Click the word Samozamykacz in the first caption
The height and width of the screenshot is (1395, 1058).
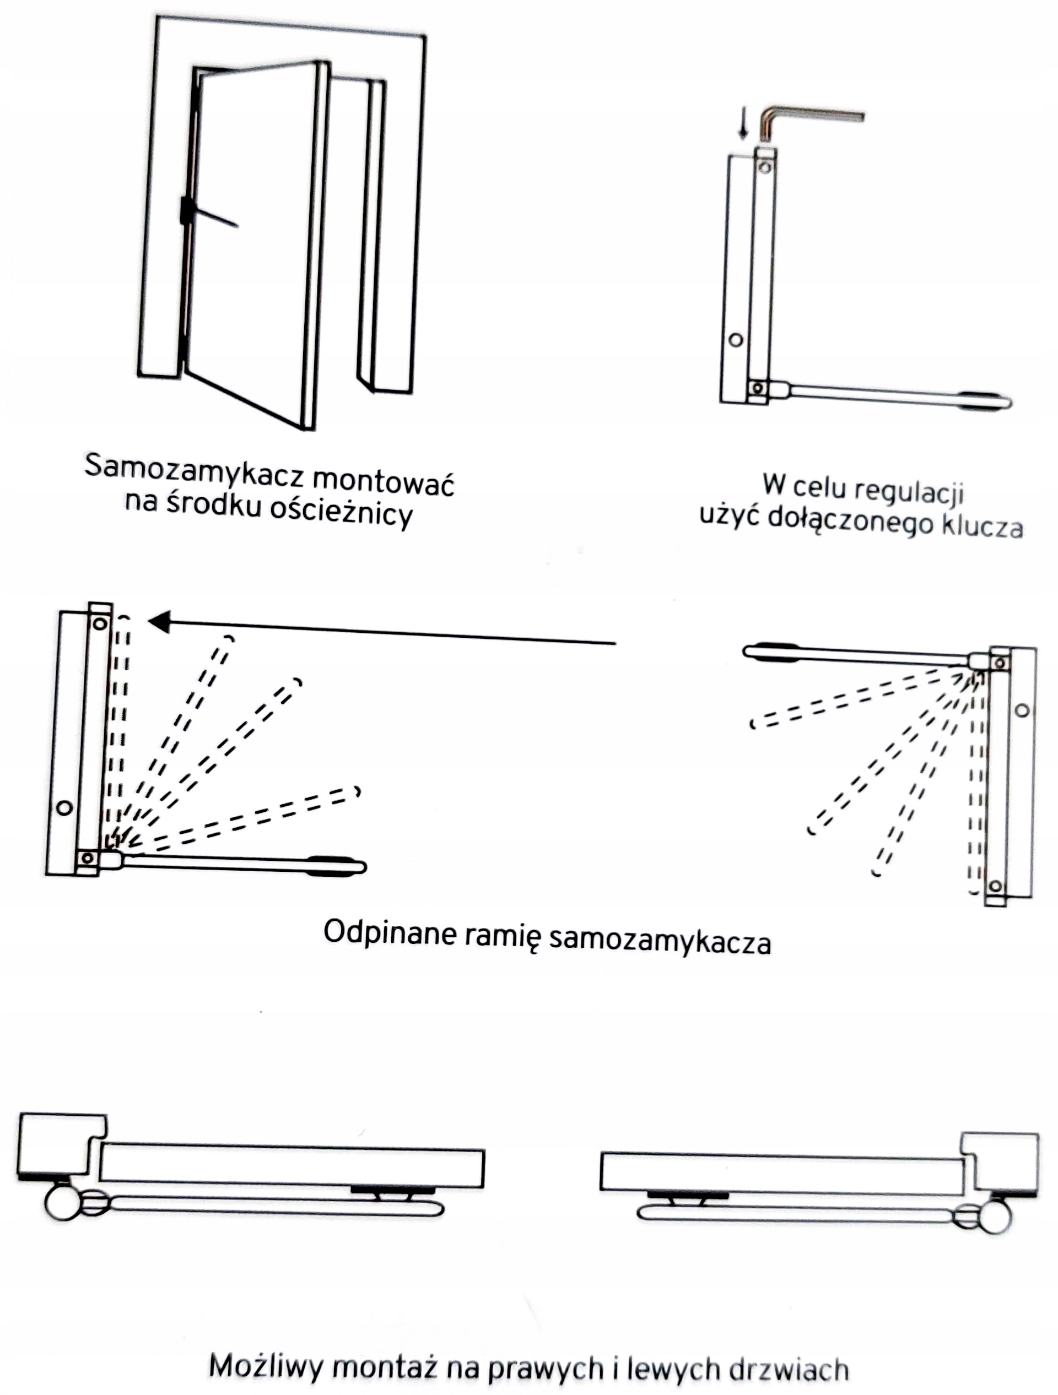tap(193, 473)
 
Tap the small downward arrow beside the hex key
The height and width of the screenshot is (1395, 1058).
tap(744, 125)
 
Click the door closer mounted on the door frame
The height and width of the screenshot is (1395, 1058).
tap(187, 211)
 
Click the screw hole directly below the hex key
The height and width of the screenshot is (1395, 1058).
tap(765, 168)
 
